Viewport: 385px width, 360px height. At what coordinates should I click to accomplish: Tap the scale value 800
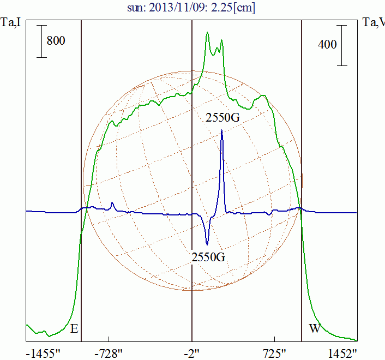pyautogui.click(x=56, y=41)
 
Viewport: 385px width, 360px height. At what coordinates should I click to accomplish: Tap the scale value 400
pyautogui.click(x=327, y=45)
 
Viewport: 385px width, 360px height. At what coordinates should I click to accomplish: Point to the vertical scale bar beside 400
pyautogui.click(x=342, y=45)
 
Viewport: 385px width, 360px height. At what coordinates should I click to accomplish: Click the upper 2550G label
pyautogui.click(x=222, y=118)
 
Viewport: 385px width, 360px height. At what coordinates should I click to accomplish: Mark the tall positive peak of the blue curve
pyautogui.click(x=222, y=132)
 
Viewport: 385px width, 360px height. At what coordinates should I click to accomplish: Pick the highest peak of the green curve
pyautogui.click(x=207, y=33)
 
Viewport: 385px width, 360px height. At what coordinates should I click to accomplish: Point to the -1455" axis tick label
pyautogui.click(x=43, y=352)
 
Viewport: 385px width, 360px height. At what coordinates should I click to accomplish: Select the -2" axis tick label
pyautogui.click(x=191, y=352)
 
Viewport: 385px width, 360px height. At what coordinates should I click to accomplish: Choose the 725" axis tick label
pyautogui.click(x=274, y=352)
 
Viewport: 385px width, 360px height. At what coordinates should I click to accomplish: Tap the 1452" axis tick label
pyautogui.click(x=342, y=352)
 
